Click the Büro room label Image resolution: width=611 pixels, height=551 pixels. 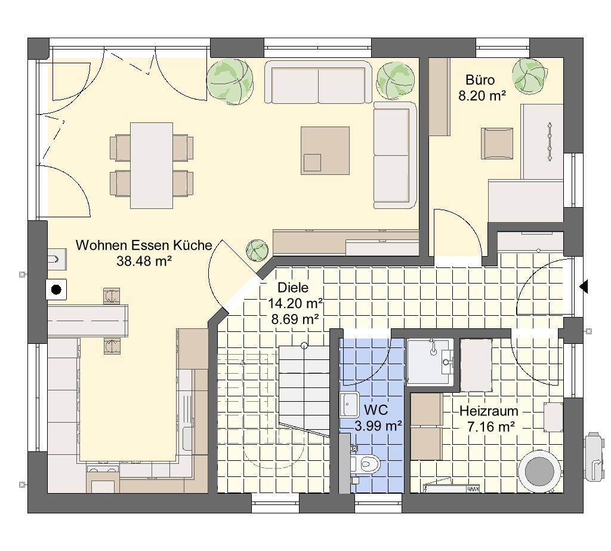[x=480, y=80]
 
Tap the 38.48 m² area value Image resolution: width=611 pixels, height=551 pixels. [x=144, y=261]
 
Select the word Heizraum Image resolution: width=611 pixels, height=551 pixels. [x=489, y=411]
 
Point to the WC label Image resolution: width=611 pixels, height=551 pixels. [x=376, y=410]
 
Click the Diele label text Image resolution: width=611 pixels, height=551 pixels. [x=293, y=288]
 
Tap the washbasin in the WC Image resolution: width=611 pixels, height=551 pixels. [x=349, y=405]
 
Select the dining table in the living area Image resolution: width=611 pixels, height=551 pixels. [x=152, y=165]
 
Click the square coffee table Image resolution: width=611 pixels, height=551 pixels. [x=325, y=150]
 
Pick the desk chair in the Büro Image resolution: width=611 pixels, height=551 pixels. [x=497, y=143]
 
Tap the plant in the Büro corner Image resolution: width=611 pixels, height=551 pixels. [x=529, y=76]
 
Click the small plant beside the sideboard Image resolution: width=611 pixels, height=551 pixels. [x=257, y=250]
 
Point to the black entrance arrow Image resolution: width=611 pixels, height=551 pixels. [x=584, y=287]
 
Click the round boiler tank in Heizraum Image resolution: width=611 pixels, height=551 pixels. [x=539, y=472]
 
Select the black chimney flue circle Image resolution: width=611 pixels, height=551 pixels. [x=57, y=290]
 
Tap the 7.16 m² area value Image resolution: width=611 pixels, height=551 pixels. [x=491, y=427]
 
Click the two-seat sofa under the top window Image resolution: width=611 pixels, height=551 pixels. [x=319, y=82]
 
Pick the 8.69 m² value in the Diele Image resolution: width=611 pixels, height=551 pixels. [x=295, y=319]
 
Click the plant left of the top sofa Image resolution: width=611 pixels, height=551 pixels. [x=230, y=82]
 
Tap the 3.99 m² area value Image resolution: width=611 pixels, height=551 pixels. [x=378, y=426]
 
